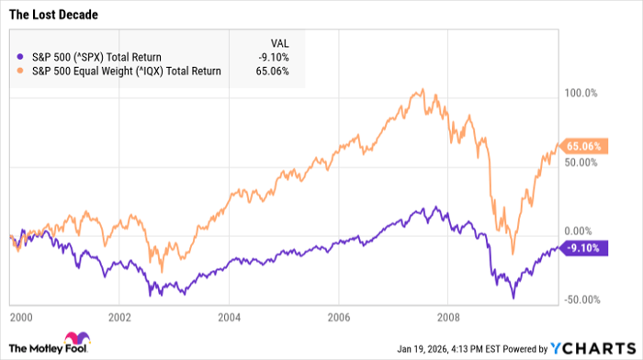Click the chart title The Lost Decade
[x=55, y=17]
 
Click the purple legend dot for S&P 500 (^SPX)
[x=20, y=57]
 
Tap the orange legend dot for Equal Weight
[x=20, y=70]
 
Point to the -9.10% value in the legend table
[x=273, y=57]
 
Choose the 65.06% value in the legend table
[x=273, y=70]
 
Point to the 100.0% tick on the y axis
[x=581, y=93]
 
